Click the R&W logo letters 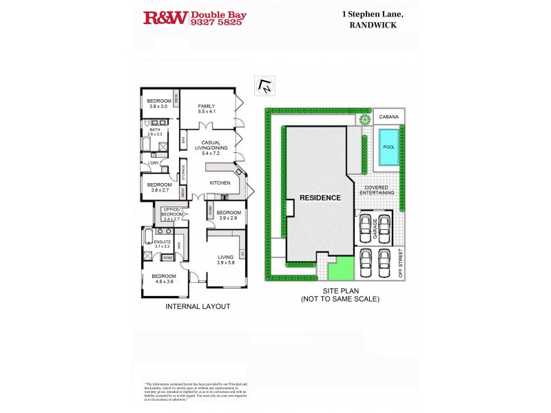tap(165, 18)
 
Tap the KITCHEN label tap(220, 183)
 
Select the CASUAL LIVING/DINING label tap(206, 147)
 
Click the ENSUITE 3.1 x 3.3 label tap(163, 244)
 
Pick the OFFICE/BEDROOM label tap(171, 214)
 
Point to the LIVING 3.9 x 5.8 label tap(226, 260)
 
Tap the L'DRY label tap(152, 162)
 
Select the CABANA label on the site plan tap(388, 118)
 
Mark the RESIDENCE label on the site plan tap(320, 198)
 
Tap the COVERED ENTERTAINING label tap(376, 190)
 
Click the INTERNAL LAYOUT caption tap(198, 306)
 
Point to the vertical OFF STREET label tap(401, 264)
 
